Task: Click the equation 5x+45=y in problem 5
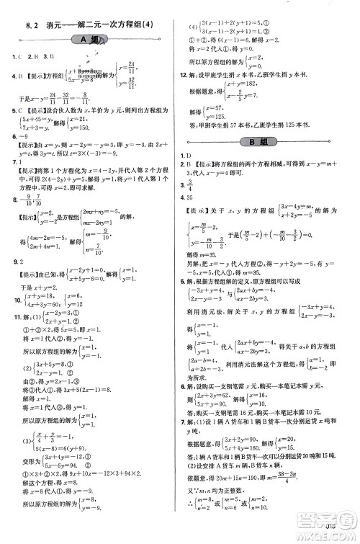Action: pyautogui.click(x=34, y=117)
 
